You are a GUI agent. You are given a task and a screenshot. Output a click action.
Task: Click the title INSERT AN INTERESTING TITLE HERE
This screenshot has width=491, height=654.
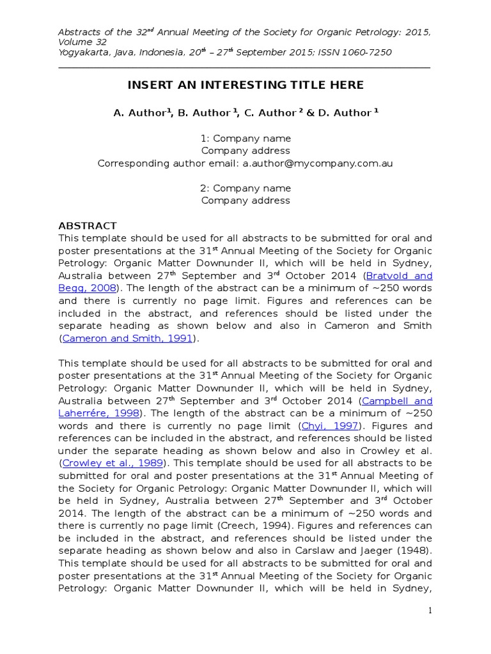coord(245,85)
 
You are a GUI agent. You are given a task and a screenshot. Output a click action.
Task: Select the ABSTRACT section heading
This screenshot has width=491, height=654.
coord(88,225)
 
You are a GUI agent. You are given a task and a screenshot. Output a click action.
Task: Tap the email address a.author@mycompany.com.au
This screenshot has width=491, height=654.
coord(317,163)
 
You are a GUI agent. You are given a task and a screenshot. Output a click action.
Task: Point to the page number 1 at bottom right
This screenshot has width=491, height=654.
coord(431,611)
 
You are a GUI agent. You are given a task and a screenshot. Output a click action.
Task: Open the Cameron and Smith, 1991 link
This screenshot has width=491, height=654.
coord(127,338)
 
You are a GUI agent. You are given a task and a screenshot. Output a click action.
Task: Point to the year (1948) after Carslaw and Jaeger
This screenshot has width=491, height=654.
coord(416,551)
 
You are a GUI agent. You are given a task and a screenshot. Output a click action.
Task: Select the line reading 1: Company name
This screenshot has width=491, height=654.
coord(245,139)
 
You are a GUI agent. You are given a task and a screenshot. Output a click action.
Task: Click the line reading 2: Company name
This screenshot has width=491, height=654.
coord(245,188)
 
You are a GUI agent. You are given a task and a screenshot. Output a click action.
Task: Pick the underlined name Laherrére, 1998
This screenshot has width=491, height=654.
coord(100,413)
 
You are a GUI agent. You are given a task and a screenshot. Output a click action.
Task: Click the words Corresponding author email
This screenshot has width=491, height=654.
coord(168,163)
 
